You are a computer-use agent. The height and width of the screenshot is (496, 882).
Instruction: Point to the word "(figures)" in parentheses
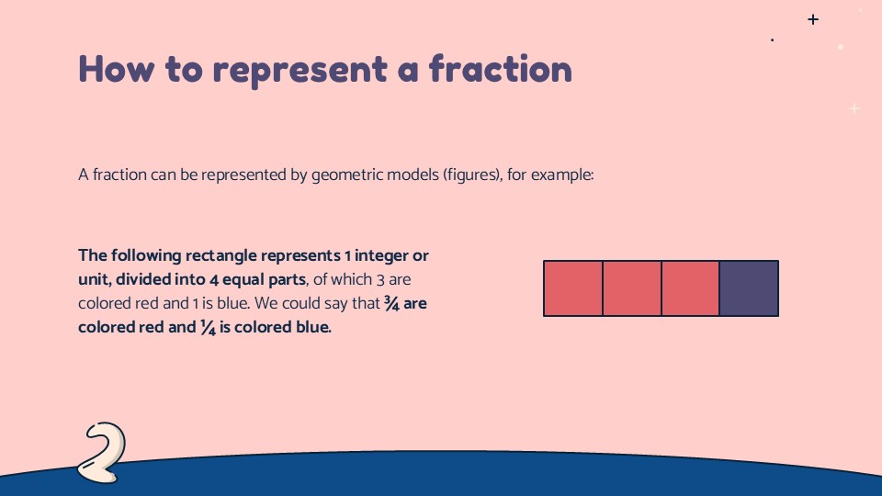[471, 175]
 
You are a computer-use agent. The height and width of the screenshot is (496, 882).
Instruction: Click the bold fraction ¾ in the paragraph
[390, 303]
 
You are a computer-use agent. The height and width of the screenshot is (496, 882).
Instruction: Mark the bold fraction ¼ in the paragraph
[207, 327]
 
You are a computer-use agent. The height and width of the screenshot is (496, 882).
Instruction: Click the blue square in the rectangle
[749, 288]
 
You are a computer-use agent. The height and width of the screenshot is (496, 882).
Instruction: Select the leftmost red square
[573, 288]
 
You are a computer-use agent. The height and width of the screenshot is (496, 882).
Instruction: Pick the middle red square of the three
[632, 288]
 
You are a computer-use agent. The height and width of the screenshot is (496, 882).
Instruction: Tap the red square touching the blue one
[690, 288]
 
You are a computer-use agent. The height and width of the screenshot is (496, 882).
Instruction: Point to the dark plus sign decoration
[812, 19]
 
